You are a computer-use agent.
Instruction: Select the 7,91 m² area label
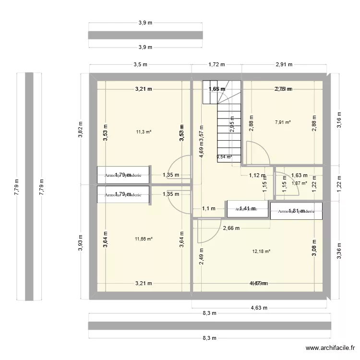coord(283,122)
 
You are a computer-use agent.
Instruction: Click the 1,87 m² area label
coord(299,183)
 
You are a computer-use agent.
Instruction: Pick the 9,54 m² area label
coord(224,156)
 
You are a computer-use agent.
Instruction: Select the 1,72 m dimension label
coord(216,64)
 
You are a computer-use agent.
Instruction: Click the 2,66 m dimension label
coord(231,228)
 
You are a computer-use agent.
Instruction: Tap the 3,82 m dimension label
coord(81,129)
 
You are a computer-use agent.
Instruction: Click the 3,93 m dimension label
coord(81,242)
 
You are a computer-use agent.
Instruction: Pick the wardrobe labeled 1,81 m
coord(296,211)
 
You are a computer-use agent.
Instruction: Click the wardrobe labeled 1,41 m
coord(247,208)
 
